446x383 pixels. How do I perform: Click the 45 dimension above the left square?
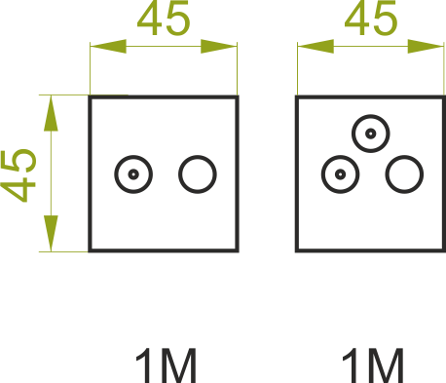(x=164, y=18)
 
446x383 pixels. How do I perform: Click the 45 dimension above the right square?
(x=371, y=18)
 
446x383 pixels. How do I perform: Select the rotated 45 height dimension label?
(x=19, y=175)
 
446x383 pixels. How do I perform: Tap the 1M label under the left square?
(x=167, y=365)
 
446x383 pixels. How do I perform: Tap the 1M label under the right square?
(x=373, y=365)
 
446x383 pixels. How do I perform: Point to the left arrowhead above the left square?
(x=108, y=47)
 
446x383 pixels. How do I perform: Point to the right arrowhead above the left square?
(x=219, y=47)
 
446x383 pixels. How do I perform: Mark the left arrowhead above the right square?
(x=316, y=47)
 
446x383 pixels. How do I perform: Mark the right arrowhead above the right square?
(x=426, y=47)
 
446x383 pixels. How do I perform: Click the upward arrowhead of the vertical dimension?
(x=51, y=113)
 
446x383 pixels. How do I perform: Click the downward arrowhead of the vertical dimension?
(x=51, y=233)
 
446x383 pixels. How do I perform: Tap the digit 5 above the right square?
(x=385, y=19)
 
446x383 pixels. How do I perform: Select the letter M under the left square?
(x=178, y=365)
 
